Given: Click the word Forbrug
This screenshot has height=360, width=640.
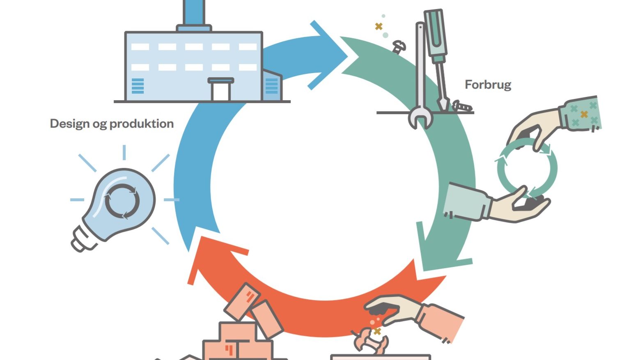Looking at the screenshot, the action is coord(488,85).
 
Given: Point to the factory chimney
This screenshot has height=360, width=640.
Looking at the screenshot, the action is coord(194,15).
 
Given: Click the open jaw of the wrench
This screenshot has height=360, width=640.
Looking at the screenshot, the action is coord(420,118).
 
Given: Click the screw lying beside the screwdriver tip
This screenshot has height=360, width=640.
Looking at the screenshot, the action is coord(462,106).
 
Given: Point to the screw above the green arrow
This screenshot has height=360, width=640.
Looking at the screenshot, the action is coord(399,46).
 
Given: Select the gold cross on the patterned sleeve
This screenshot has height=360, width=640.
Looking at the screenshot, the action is coord(584,114).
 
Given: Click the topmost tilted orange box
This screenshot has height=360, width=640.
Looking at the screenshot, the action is coord(242,301).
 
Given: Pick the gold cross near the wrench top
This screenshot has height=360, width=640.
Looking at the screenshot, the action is coord(379,27).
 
